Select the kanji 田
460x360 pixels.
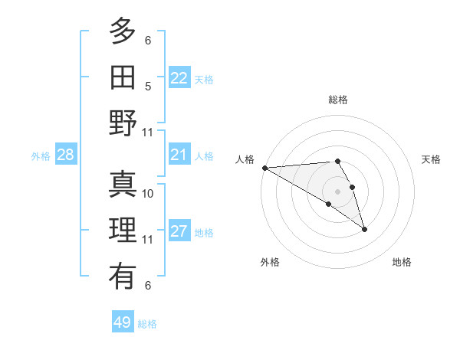coord(123,77)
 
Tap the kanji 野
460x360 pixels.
coord(123,123)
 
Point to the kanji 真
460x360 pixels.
coord(123,184)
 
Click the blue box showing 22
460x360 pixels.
coord(179,78)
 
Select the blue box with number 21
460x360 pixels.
coord(179,155)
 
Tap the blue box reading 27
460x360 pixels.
coord(179,231)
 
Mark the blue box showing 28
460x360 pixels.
coord(66,155)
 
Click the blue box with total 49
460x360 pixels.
coord(123,322)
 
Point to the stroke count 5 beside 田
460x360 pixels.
coord(148,86)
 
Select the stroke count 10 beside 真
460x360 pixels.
coord(148,193)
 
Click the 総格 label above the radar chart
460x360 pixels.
coord(337,100)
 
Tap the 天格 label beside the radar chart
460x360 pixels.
coord(432,159)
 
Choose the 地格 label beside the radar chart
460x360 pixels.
coord(402,262)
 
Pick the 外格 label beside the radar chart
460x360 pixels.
coord(270,262)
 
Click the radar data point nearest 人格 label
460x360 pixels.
coord(264,168)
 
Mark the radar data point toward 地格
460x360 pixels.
coord(364,229)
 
